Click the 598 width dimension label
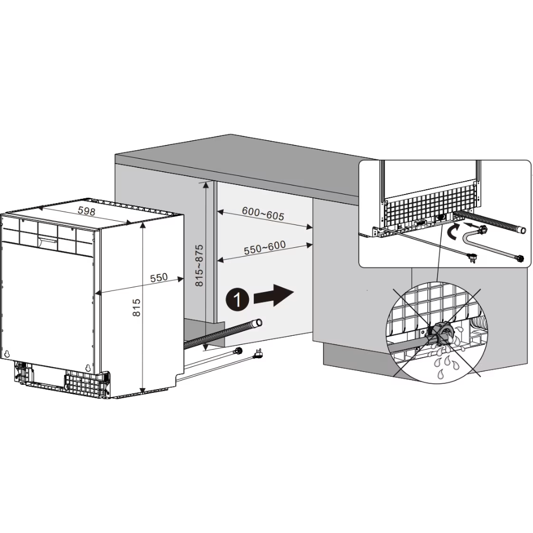(87, 211)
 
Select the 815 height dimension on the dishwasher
(136, 308)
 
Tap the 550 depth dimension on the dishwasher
(159, 277)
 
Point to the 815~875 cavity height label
(199, 265)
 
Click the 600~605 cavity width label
(263, 214)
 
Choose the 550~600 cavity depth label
(265, 248)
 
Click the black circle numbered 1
(237, 300)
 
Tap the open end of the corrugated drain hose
(259, 322)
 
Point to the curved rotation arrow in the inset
(454, 233)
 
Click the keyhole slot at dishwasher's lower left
(7, 353)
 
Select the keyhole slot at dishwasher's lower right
(88, 368)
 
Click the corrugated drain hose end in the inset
(522, 230)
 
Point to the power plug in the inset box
(472, 257)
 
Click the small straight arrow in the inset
(470, 224)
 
